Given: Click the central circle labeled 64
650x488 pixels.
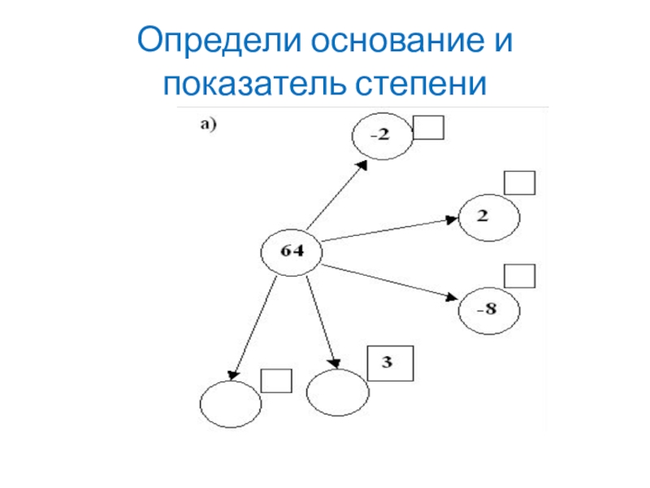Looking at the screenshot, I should tap(292, 252).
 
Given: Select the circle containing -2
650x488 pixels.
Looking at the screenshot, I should tap(382, 136).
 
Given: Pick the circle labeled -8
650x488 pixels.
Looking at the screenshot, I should tap(490, 309).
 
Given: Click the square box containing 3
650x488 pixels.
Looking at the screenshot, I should tap(390, 363).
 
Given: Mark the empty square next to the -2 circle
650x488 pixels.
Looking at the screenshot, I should tap(428, 128).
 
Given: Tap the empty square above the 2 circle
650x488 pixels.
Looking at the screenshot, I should tap(520, 182).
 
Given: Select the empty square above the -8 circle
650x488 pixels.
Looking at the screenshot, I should tap(520, 276).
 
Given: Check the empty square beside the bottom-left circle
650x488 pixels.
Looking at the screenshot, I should tap(277, 381).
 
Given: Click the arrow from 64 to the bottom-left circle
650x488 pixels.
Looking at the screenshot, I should tap(255, 325).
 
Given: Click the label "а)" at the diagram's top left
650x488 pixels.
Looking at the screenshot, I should tap(206, 124).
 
